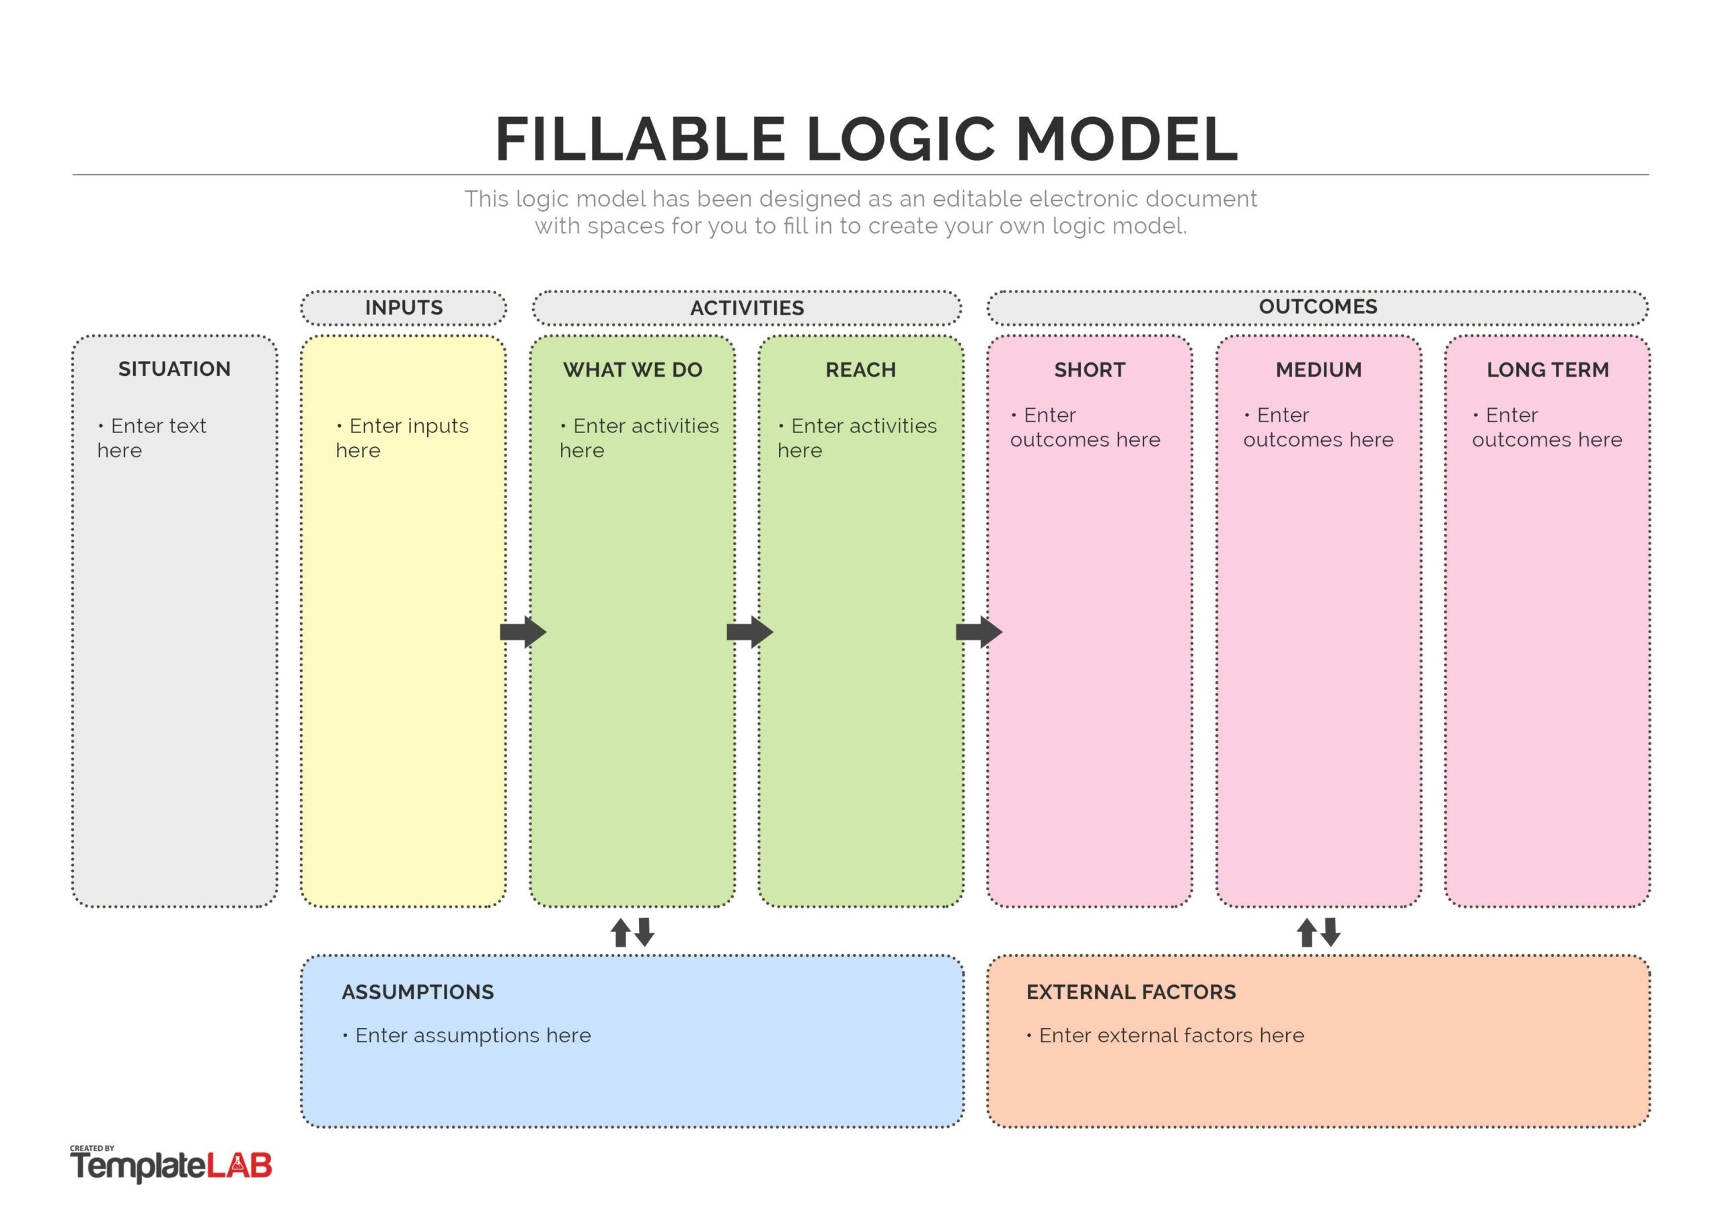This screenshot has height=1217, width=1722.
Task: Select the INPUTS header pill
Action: pyautogui.click(x=404, y=307)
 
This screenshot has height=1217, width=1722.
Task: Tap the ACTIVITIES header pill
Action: pyautogui.click(x=747, y=307)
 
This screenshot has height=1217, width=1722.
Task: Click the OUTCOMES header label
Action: pyautogui.click(x=1318, y=307)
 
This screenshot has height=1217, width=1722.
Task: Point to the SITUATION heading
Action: pyautogui.click(x=174, y=369)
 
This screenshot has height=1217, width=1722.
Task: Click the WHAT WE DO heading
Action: pyautogui.click(x=632, y=370)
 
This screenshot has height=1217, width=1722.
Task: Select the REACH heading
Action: pyautogui.click(x=860, y=370)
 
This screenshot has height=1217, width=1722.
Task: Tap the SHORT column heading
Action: pyautogui.click(x=1089, y=370)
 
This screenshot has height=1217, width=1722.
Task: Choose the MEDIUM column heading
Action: pyautogui.click(x=1318, y=370)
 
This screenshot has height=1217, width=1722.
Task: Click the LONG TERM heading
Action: pyautogui.click(x=1547, y=370)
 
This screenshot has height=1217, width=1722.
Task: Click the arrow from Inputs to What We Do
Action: pyautogui.click(x=523, y=632)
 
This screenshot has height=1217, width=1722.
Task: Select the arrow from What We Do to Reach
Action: pyautogui.click(x=750, y=632)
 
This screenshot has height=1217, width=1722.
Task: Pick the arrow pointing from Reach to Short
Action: pyautogui.click(x=979, y=632)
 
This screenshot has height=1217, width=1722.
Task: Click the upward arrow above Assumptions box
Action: pyautogui.click(x=620, y=933)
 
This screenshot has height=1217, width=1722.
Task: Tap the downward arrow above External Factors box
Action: pyautogui.click(x=1331, y=932)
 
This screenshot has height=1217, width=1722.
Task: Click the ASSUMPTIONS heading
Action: pyautogui.click(x=418, y=992)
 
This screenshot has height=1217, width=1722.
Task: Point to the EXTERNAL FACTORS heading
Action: pyautogui.click(x=1131, y=992)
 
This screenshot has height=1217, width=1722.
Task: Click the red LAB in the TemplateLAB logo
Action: pyautogui.click(x=239, y=1166)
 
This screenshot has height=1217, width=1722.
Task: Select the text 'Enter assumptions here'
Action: pyautogui.click(x=472, y=1035)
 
